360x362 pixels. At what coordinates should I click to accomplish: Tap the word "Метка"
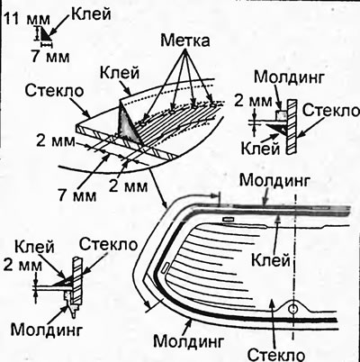click(x=185, y=41)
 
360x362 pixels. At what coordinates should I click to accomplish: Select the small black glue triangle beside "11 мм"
click(x=45, y=33)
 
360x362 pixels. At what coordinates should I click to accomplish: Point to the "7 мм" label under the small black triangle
click(x=50, y=56)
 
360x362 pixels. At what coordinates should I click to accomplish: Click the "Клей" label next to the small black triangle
click(x=91, y=14)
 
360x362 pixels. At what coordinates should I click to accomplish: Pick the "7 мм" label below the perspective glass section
click(x=77, y=195)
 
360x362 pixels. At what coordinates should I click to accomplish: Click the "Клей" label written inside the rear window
click(x=271, y=259)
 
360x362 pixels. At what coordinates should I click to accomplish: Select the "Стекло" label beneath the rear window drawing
click(x=276, y=355)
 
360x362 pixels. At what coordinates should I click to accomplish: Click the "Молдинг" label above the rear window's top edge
click(x=274, y=181)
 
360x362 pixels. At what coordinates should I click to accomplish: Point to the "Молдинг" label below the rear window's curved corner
click(x=189, y=341)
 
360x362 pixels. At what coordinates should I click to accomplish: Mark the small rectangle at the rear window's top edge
click(x=228, y=220)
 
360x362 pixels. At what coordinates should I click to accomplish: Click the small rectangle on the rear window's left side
click(x=166, y=268)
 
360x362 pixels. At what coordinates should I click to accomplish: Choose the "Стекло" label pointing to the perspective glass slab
click(x=54, y=90)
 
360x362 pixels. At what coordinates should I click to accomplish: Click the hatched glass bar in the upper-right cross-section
click(x=292, y=127)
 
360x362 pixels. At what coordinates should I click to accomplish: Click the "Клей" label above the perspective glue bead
click(x=120, y=73)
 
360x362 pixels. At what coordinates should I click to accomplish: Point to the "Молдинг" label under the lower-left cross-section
click(x=47, y=330)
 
